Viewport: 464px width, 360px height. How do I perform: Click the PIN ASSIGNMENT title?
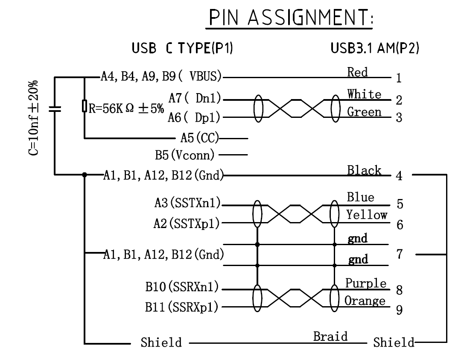pos(289,19)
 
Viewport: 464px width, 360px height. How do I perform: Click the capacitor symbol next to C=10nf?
pos(54,109)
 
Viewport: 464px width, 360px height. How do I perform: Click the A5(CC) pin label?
pos(200,138)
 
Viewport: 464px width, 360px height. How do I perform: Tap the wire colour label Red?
pos(358,73)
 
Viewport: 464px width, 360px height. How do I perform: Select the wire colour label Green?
pos(364,112)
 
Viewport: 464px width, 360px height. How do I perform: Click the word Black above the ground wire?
pos(364,170)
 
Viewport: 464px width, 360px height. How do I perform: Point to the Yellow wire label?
pos(367,215)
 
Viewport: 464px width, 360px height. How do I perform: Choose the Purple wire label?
pos(366,283)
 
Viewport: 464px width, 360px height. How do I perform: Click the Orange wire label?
pos(365,301)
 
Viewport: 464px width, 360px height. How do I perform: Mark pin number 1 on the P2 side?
pos(399,79)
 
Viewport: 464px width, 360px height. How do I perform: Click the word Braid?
pos(330,337)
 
